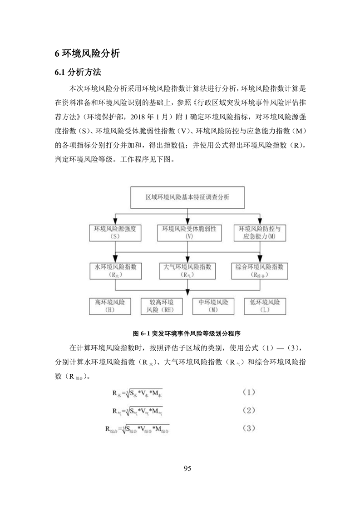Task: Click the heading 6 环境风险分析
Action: (x=87, y=54)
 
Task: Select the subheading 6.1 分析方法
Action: (x=78, y=73)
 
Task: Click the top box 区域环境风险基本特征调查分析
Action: (x=187, y=199)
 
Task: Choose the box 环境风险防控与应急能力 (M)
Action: (x=260, y=233)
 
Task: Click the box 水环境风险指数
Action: (x=115, y=270)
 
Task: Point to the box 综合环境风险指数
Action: (x=260, y=270)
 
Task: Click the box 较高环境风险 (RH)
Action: (x=162, y=306)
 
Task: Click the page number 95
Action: (x=187, y=469)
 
